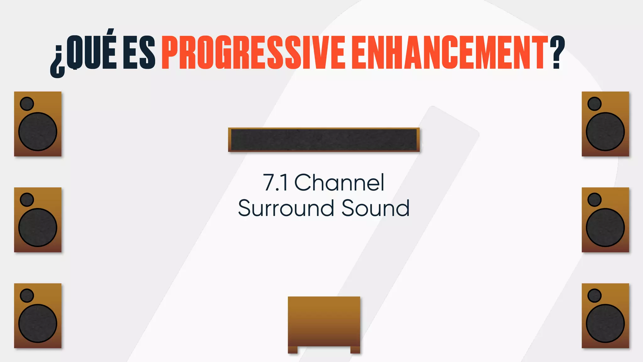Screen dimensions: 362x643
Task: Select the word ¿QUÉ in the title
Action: coord(84,52)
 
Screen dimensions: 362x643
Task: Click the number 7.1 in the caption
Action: coord(275,183)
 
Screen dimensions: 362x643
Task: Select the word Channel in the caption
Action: coord(339,183)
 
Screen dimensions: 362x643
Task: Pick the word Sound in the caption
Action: coord(376,208)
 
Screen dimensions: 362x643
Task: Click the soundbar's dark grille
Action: coord(324,140)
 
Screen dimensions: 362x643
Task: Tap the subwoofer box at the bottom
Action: coord(324,321)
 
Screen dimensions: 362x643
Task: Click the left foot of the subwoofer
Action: coord(293,350)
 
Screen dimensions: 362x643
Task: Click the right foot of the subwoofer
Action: coord(355,350)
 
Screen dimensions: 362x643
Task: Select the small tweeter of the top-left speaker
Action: coord(27,104)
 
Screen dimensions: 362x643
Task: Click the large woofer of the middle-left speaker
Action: coord(38,228)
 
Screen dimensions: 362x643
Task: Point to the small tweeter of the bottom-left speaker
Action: coord(27,295)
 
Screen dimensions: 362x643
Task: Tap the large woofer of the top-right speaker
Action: coord(605,132)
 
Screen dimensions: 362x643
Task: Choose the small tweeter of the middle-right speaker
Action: coord(594,200)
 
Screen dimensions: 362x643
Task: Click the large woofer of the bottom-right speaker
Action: coord(605,323)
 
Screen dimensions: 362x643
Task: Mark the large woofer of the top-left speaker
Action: coord(38,132)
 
